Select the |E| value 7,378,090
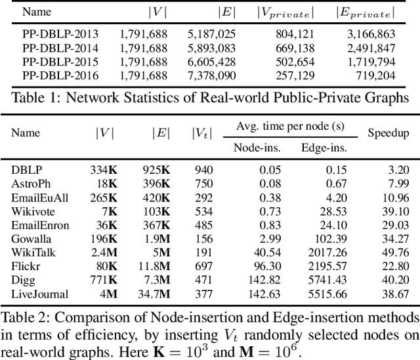[x=211, y=75]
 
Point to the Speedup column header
[x=388, y=133]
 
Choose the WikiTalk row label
[x=31, y=252]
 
